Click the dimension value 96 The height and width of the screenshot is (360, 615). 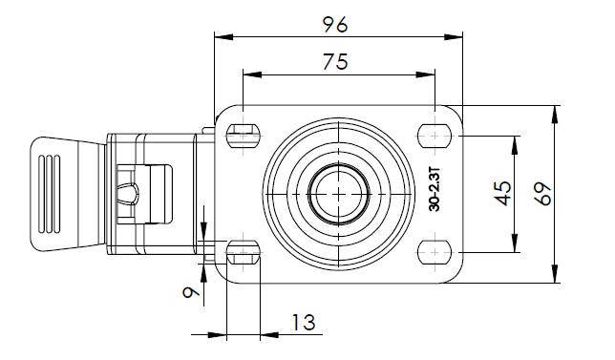click(x=335, y=25)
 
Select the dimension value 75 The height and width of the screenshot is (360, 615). click(x=335, y=61)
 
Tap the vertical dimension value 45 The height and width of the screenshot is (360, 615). click(x=503, y=193)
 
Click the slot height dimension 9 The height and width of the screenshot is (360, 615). click(x=191, y=292)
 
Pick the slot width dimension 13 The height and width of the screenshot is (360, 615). click(x=304, y=323)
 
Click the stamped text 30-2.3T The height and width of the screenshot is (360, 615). click(x=435, y=189)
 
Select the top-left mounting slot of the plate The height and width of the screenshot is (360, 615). click(x=244, y=136)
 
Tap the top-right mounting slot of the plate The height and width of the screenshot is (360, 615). click(x=435, y=136)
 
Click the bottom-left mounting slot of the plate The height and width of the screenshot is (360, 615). click(x=244, y=252)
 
